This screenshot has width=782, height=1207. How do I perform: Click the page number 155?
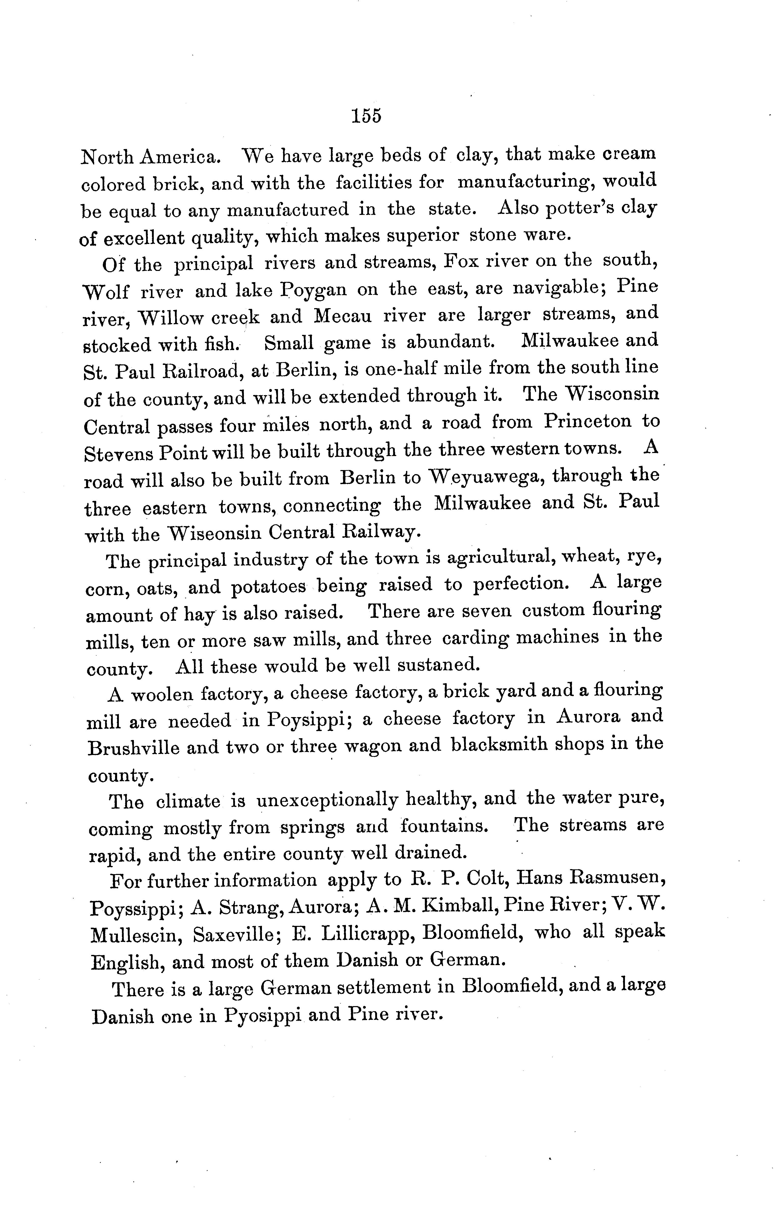pos(366,116)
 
